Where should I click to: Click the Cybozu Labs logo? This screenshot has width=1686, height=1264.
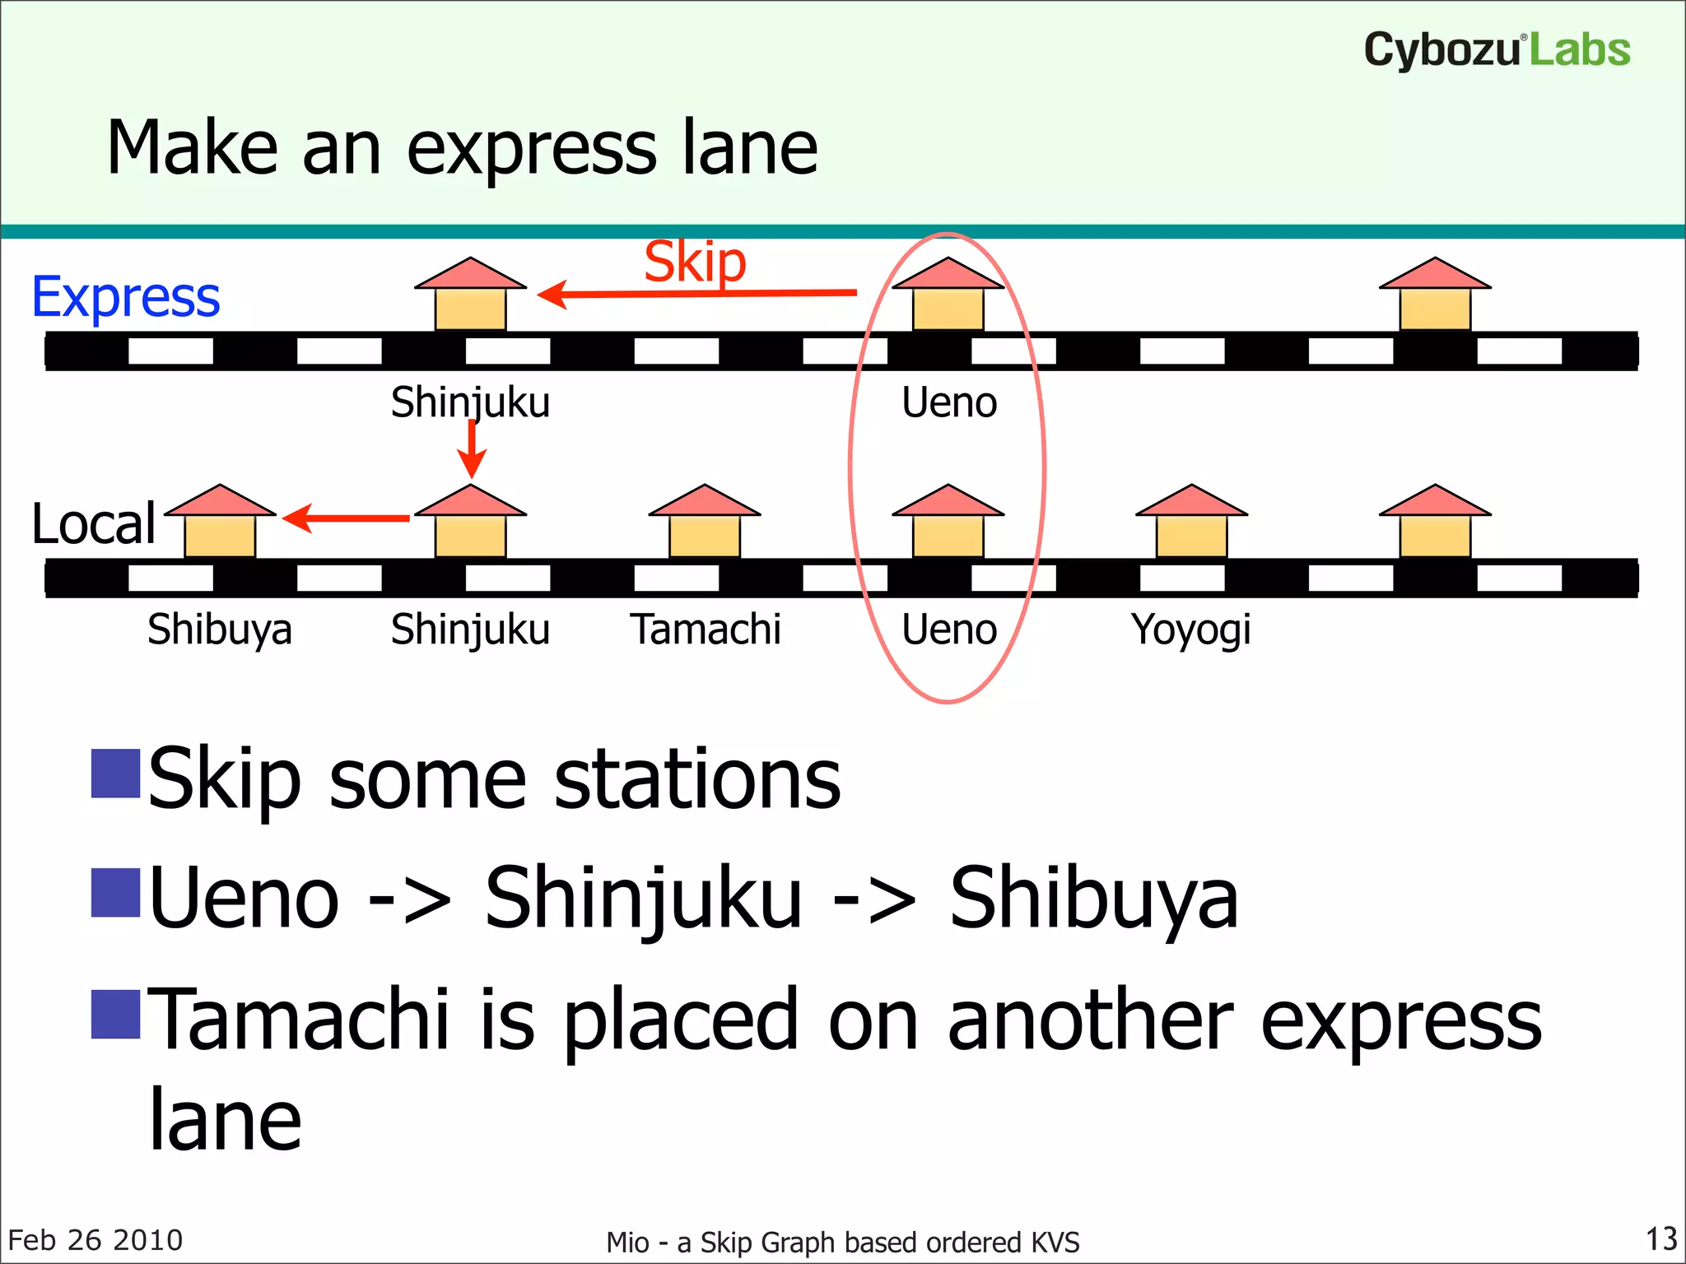click(x=1496, y=49)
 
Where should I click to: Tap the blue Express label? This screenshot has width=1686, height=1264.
click(x=126, y=297)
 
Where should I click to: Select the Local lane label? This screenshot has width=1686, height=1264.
click(x=94, y=524)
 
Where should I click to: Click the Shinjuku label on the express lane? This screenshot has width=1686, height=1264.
click(x=470, y=402)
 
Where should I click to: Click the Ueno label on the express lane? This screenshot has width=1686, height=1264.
click(x=948, y=402)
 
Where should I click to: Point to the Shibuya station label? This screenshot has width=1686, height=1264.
click(x=220, y=630)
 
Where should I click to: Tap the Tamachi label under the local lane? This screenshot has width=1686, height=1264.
click(x=706, y=630)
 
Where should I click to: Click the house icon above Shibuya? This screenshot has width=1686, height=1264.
click(x=220, y=522)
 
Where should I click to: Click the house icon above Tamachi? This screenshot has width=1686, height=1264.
click(x=705, y=522)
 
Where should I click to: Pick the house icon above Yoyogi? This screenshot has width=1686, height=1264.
click(x=1191, y=522)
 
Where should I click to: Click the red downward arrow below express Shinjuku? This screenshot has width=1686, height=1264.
click(x=472, y=451)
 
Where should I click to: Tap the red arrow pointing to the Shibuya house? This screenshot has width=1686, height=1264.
click(x=346, y=518)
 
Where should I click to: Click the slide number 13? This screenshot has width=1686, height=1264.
click(x=1660, y=1238)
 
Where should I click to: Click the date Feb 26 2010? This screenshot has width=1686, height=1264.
click(x=95, y=1240)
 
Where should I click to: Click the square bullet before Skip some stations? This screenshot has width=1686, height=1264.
click(x=115, y=774)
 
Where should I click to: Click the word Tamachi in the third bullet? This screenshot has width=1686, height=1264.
click(x=301, y=1020)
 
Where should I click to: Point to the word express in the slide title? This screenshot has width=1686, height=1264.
click(x=531, y=149)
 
